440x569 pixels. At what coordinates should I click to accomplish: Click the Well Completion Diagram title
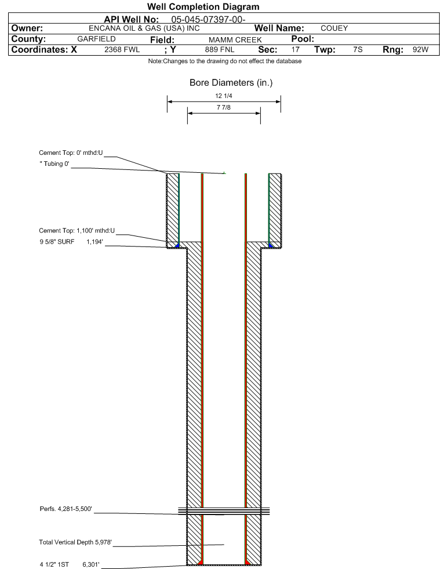pos(203,6)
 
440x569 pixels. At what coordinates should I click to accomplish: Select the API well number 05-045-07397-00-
pos(208,19)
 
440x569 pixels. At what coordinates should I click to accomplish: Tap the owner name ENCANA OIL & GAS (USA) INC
pos(144,28)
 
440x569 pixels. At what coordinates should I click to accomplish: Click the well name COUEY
pos(334,28)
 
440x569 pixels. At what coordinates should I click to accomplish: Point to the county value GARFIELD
pos(96,39)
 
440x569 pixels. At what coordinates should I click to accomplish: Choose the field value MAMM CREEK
pos(235,39)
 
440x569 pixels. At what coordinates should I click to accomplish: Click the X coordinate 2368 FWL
pos(122,49)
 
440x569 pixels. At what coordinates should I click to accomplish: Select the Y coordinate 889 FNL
pos(220,49)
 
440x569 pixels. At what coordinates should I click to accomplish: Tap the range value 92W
pos(420,49)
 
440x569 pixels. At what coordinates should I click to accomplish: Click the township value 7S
pos(358,49)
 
